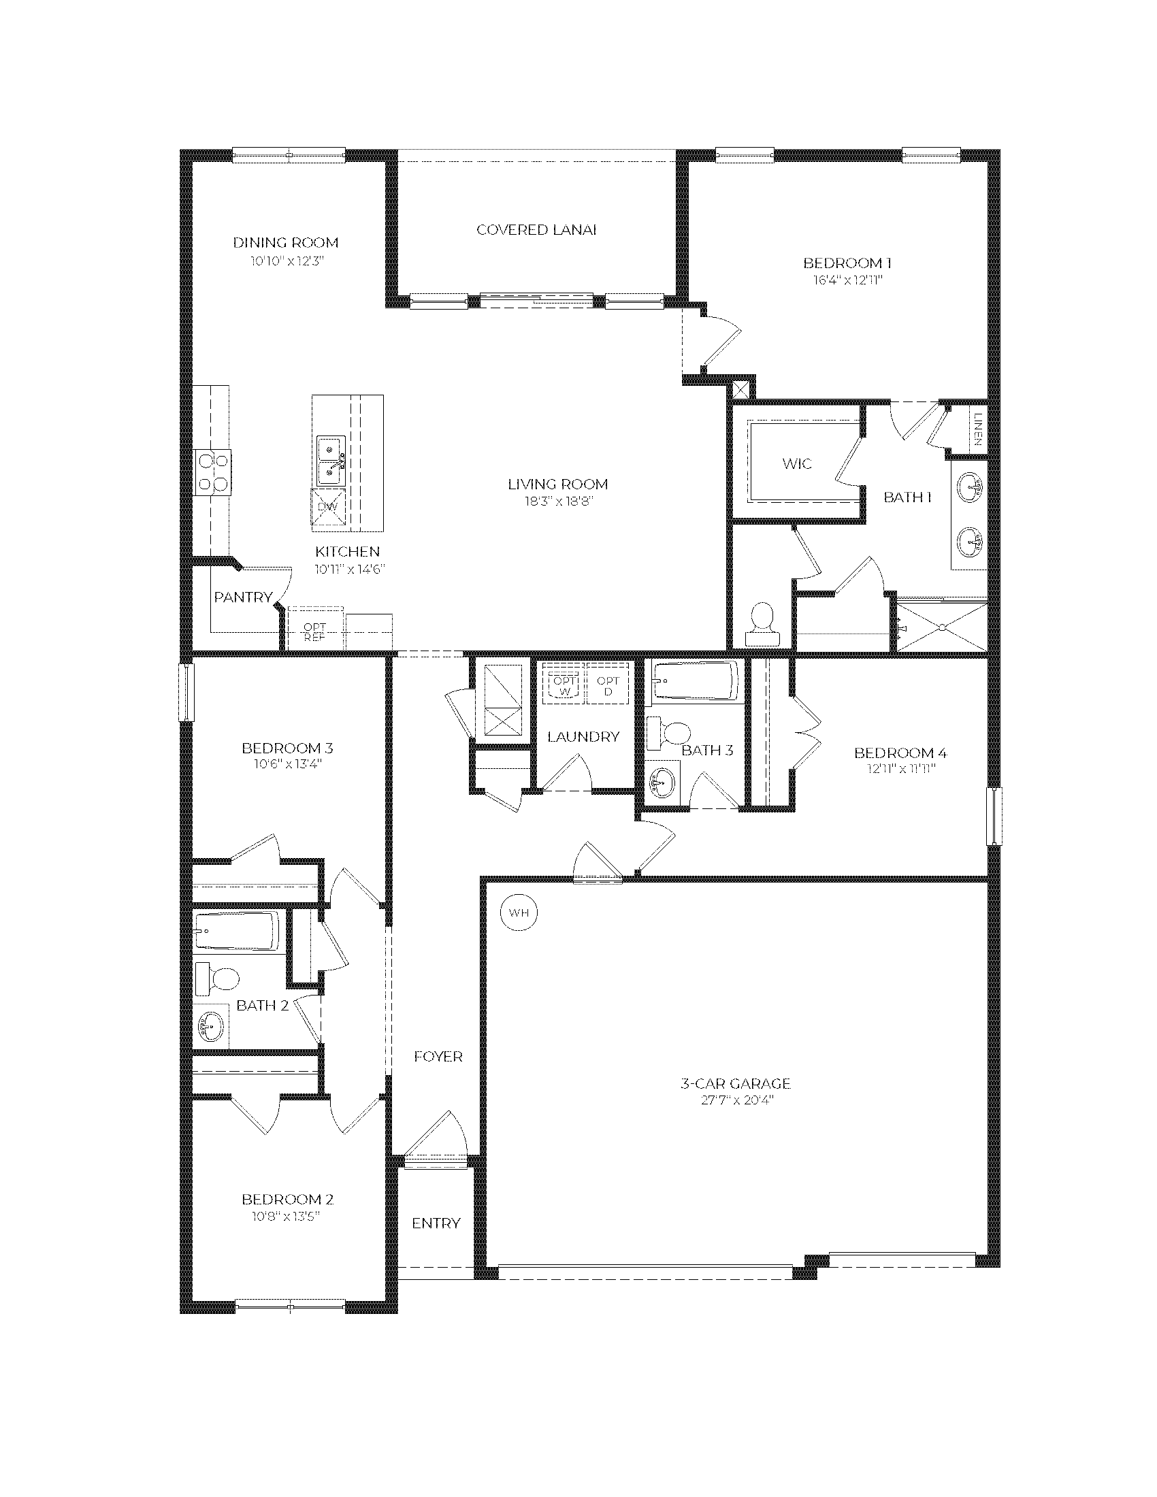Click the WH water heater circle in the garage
pyautogui.click(x=519, y=912)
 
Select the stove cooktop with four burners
pyautogui.click(x=212, y=472)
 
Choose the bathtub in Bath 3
pyautogui.click(x=695, y=680)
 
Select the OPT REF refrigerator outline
pyautogui.click(x=315, y=628)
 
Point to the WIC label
pyautogui.click(x=797, y=463)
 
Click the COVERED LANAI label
pyautogui.click(x=537, y=229)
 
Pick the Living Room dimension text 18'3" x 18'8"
pyautogui.click(x=558, y=501)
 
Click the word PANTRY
pyautogui.click(x=244, y=597)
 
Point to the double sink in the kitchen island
pyautogui.click(x=331, y=459)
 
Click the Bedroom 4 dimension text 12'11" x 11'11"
pyautogui.click(x=900, y=769)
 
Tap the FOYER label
pyautogui.click(x=438, y=1056)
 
